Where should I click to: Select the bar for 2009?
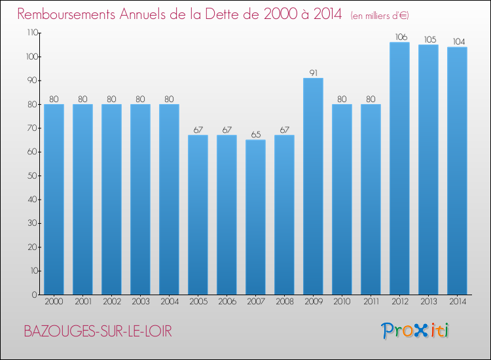[x=313, y=187]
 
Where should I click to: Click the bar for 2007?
[x=255, y=217]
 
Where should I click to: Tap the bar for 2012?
[x=399, y=168]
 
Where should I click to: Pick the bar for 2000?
[x=54, y=200]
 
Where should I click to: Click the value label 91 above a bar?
[x=314, y=73]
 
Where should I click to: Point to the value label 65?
[x=256, y=135]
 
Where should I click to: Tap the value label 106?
[x=401, y=37]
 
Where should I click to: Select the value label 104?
[x=459, y=42]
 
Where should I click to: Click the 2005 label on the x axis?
[x=198, y=302]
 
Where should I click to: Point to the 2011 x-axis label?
[x=371, y=302]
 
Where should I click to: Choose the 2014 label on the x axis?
[x=458, y=302]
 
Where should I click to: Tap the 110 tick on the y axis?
[x=32, y=33]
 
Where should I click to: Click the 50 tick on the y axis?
[x=32, y=175]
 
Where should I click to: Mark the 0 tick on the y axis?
[x=35, y=295]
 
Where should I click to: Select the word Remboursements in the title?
[x=66, y=14]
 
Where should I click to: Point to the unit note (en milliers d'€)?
[x=380, y=16]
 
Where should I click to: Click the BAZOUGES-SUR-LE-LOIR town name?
[x=98, y=331]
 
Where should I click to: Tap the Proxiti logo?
[x=414, y=331]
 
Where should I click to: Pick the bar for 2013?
[x=428, y=170]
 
